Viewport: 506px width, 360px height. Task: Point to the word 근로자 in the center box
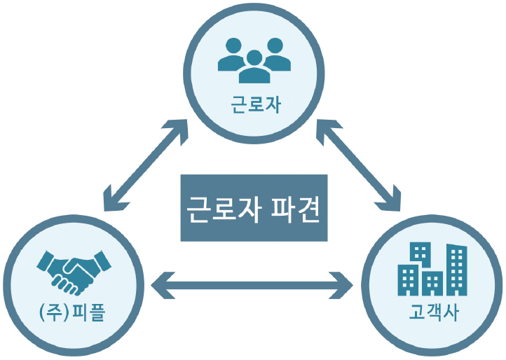point(222,208)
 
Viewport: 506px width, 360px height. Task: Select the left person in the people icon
point(233,55)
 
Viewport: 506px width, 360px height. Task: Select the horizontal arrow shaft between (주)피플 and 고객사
point(253,285)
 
